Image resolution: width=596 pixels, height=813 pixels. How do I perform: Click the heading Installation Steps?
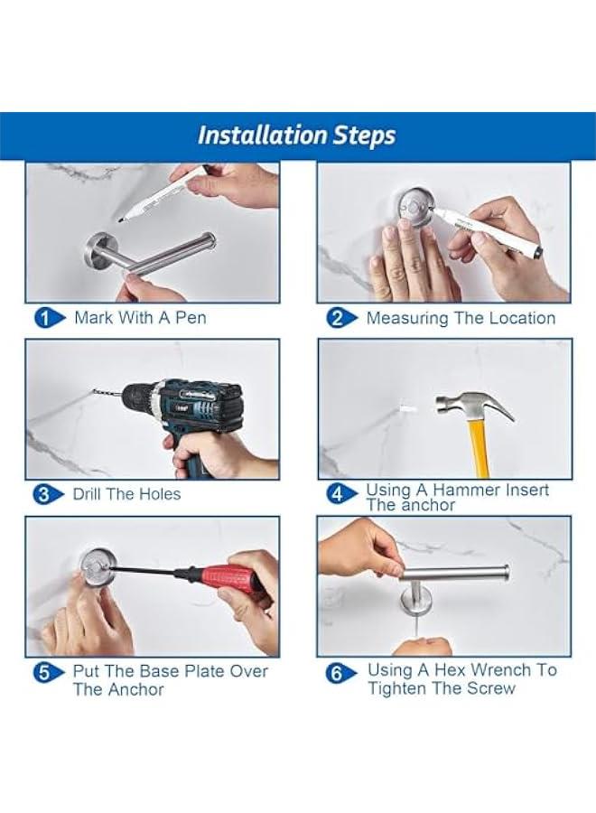(x=296, y=135)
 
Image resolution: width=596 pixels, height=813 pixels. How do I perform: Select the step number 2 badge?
(x=338, y=317)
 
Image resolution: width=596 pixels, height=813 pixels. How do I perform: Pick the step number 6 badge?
(x=340, y=672)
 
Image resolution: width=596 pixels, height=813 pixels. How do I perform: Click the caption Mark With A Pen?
(x=140, y=317)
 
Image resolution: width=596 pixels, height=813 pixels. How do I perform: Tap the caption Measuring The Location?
(x=461, y=318)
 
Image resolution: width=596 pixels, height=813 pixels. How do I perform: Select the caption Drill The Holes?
(x=126, y=494)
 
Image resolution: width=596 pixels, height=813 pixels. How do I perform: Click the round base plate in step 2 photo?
(x=414, y=206)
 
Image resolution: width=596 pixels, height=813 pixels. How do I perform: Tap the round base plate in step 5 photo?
(x=96, y=565)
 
